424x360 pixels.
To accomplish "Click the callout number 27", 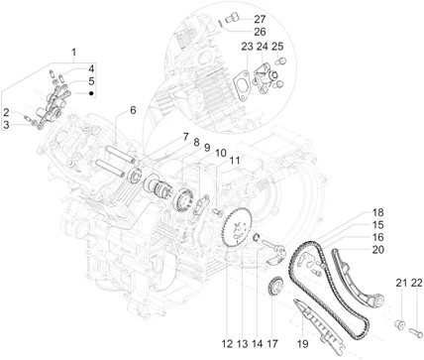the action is pos(260,19).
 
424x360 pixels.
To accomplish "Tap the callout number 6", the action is pos(133,110).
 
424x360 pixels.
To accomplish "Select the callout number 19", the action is pos(302,344).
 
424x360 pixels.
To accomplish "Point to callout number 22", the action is pos(417,283).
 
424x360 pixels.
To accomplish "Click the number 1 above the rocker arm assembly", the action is pos(74,53).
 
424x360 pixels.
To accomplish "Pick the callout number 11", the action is pos(235,161).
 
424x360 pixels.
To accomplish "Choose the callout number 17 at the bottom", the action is pos(272,344).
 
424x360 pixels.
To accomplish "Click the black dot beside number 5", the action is pos(91,93).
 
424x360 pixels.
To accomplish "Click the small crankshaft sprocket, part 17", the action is pos(275,287).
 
